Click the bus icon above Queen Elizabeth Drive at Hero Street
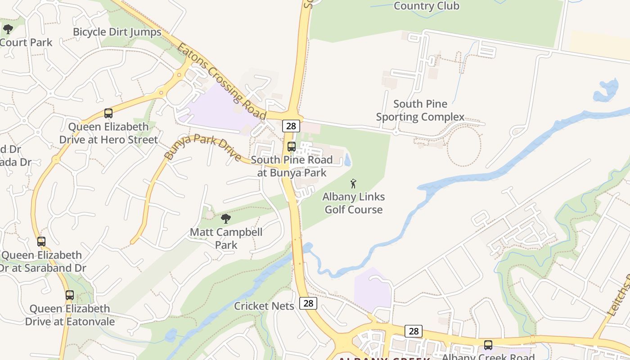point(108,113)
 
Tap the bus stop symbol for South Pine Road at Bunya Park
point(291,146)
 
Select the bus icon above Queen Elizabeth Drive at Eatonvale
point(69,295)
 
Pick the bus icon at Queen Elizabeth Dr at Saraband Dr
point(41,242)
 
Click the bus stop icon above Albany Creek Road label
point(488,345)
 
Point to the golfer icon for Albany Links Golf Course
point(353,184)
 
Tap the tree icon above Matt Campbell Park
point(226,219)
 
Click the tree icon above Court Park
point(8,30)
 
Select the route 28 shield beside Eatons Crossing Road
point(291,126)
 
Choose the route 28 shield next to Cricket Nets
point(308,303)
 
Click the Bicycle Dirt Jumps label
point(117,32)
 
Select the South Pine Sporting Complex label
point(420,111)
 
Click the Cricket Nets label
point(264,306)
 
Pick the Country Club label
point(426,6)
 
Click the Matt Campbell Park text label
point(226,239)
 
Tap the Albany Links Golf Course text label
point(353,203)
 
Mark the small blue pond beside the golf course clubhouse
point(347,160)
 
